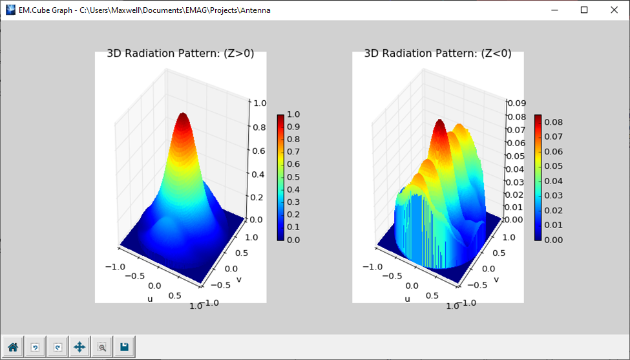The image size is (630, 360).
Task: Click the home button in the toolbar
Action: (x=13, y=347)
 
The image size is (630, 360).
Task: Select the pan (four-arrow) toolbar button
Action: (x=79, y=347)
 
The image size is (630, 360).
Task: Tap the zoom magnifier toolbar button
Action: (x=102, y=347)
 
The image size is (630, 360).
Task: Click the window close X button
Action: (x=614, y=10)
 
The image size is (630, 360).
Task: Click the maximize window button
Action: (x=584, y=10)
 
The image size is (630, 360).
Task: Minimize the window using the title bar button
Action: (x=554, y=10)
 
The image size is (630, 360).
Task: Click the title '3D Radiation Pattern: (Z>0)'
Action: (x=180, y=54)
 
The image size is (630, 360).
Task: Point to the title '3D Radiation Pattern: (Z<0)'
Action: (x=437, y=54)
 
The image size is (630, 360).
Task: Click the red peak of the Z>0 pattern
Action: (x=183, y=118)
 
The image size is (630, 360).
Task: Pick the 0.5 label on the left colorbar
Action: (x=293, y=177)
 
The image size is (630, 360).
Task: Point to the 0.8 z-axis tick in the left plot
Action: (x=258, y=127)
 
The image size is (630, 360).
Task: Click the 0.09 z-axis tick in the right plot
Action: (x=516, y=103)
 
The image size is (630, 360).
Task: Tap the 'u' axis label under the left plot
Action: (x=150, y=299)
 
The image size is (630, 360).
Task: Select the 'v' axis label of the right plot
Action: (x=496, y=279)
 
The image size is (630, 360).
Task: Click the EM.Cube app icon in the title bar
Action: (x=10, y=10)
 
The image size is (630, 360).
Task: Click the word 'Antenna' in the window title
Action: (x=254, y=10)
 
